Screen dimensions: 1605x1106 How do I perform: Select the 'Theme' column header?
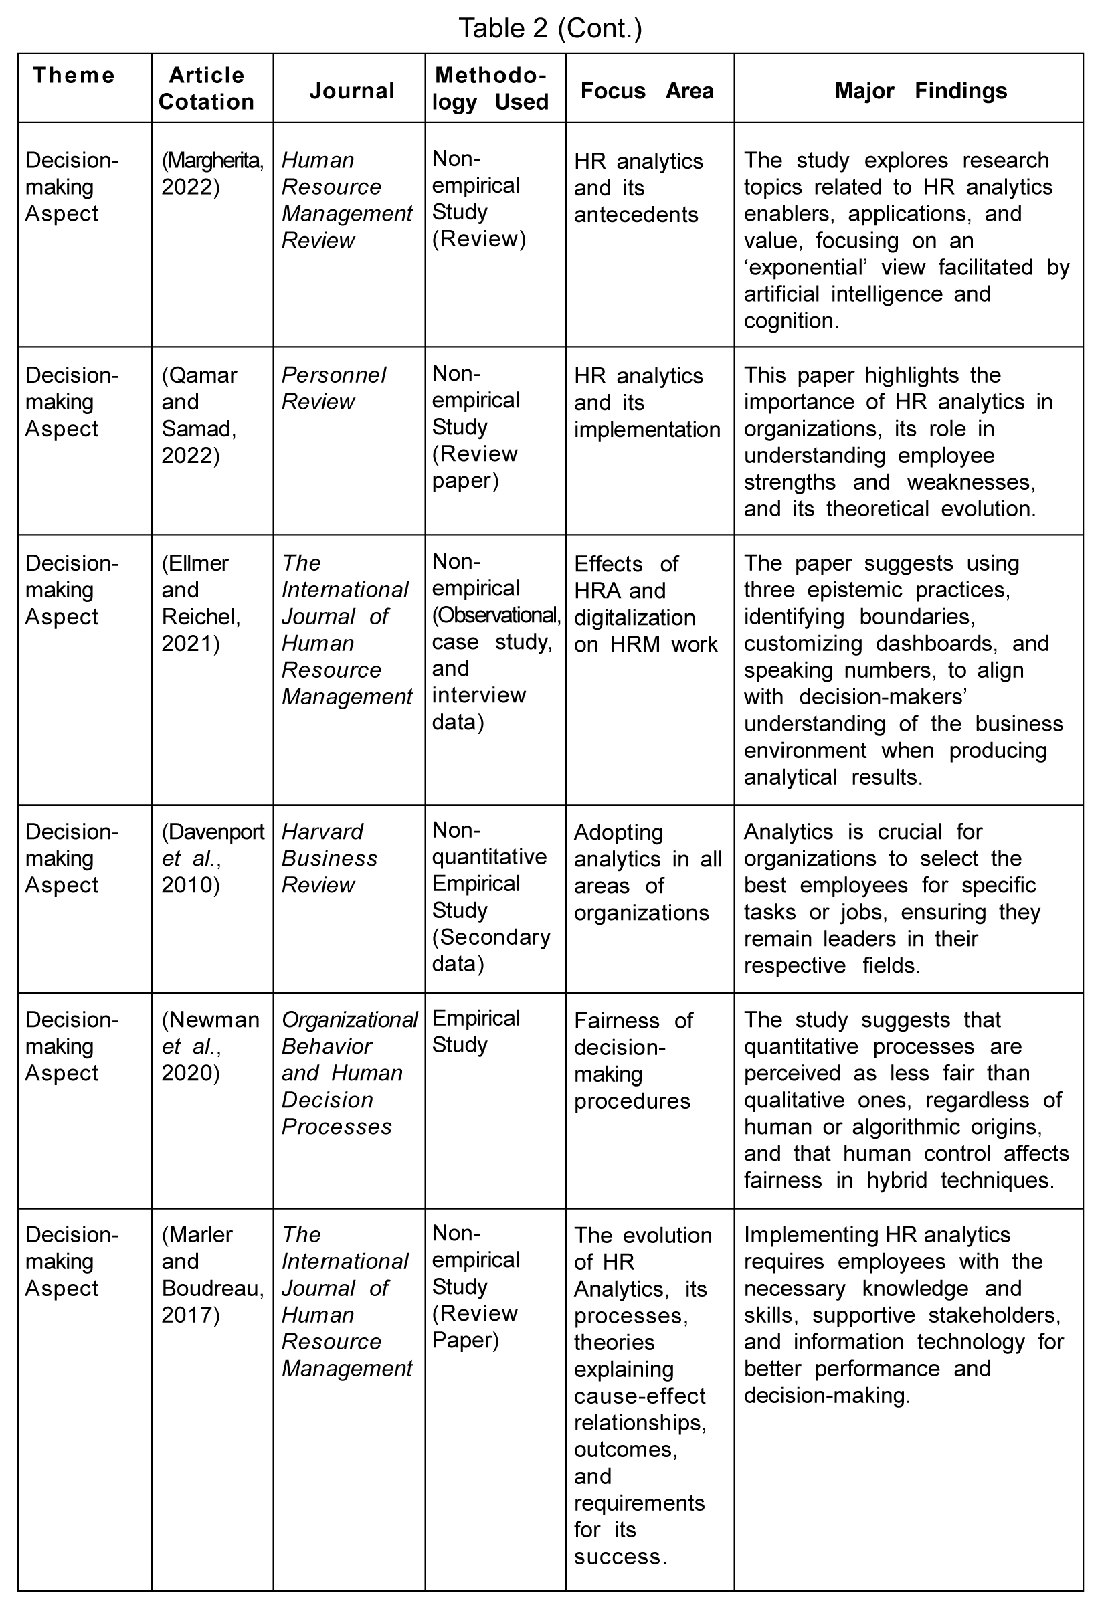click(74, 76)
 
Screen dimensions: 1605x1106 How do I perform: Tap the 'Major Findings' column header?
click(920, 91)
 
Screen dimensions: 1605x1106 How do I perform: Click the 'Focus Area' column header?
click(646, 91)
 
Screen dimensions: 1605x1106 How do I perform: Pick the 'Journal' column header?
click(352, 91)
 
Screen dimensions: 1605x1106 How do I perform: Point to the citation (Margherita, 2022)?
click(212, 173)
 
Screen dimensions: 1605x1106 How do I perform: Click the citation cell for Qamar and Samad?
click(199, 414)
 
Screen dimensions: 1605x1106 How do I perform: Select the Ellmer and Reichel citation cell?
click(201, 603)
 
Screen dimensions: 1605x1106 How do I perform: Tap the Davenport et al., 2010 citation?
click(212, 858)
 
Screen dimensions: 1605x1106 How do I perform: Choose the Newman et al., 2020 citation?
click(211, 1046)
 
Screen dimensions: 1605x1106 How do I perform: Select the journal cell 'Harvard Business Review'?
click(329, 858)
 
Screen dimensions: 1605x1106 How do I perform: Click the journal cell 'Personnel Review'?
click(333, 388)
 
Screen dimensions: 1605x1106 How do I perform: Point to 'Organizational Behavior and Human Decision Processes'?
click(349, 1072)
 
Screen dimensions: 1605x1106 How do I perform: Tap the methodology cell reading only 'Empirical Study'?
click(475, 1032)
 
